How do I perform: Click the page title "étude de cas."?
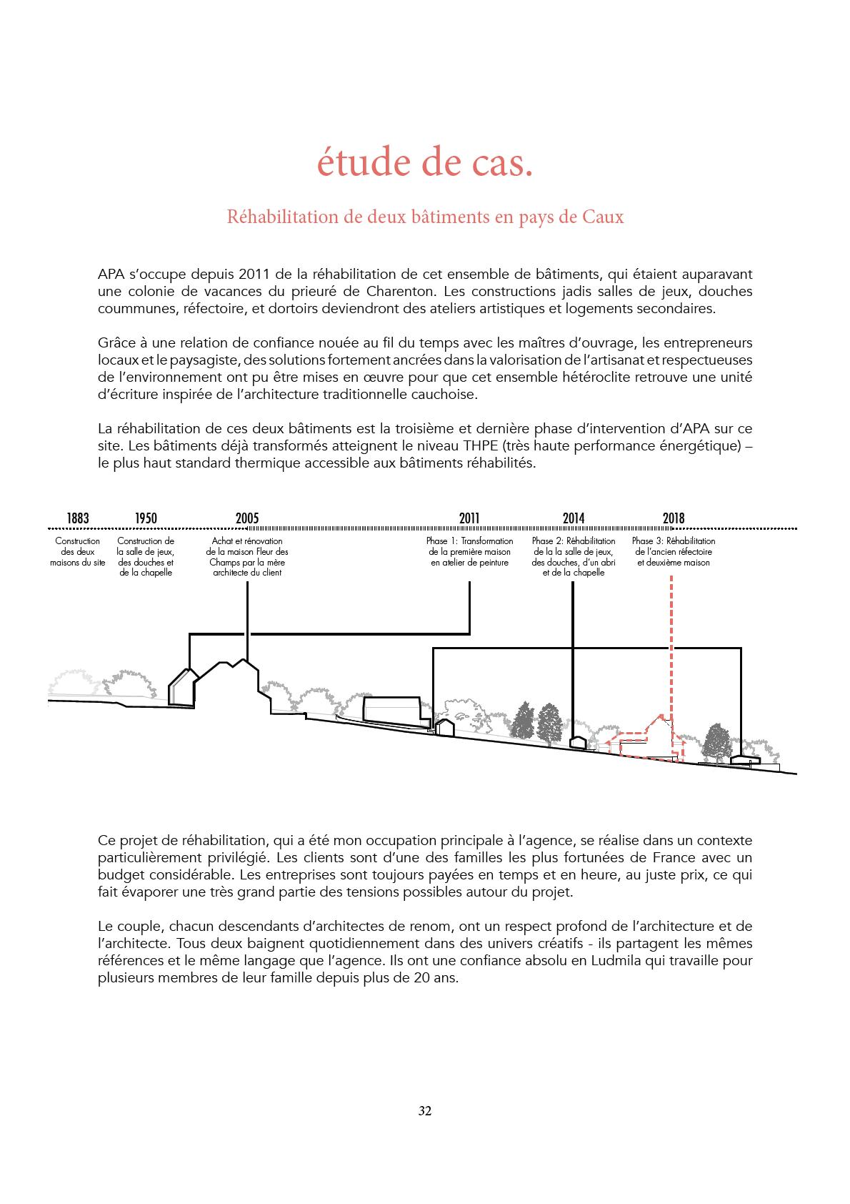click(x=425, y=164)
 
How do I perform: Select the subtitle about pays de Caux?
click(x=425, y=217)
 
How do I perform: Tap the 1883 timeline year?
click(x=78, y=518)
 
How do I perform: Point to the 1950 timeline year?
click(x=146, y=518)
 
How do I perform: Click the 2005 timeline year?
click(x=247, y=518)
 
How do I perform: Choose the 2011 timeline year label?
click(x=469, y=518)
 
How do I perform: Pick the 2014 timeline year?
click(x=573, y=518)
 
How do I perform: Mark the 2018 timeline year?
click(x=673, y=518)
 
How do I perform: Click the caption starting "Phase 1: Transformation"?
click(x=469, y=552)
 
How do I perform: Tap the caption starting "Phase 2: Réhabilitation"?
click(x=573, y=557)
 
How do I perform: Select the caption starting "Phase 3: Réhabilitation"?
click(x=673, y=552)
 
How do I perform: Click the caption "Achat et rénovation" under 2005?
click(x=247, y=557)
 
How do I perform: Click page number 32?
click(x=425, y=1111)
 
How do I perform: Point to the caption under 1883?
click(x=78, y=552)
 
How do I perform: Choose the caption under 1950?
click(x=146, y=557)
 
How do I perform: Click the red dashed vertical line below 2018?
click(x=672, y=643)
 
